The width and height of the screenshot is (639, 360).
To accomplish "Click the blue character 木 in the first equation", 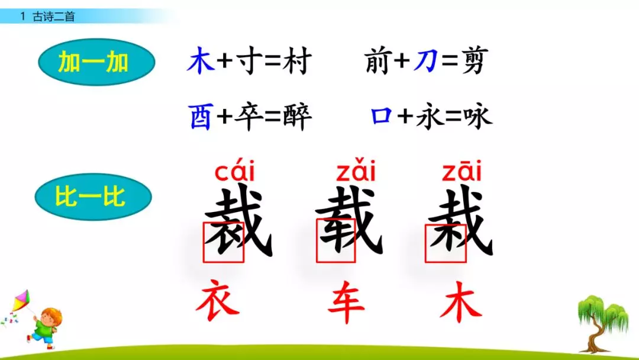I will (x=201, y=62).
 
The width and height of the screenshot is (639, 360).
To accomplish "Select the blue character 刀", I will (x=425, y=62).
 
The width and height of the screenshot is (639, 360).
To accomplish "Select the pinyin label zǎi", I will (x=356, y=172).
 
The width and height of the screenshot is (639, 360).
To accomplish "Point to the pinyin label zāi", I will (x=461, y=172).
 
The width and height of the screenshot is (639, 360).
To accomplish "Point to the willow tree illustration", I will (x=601, y=317).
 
